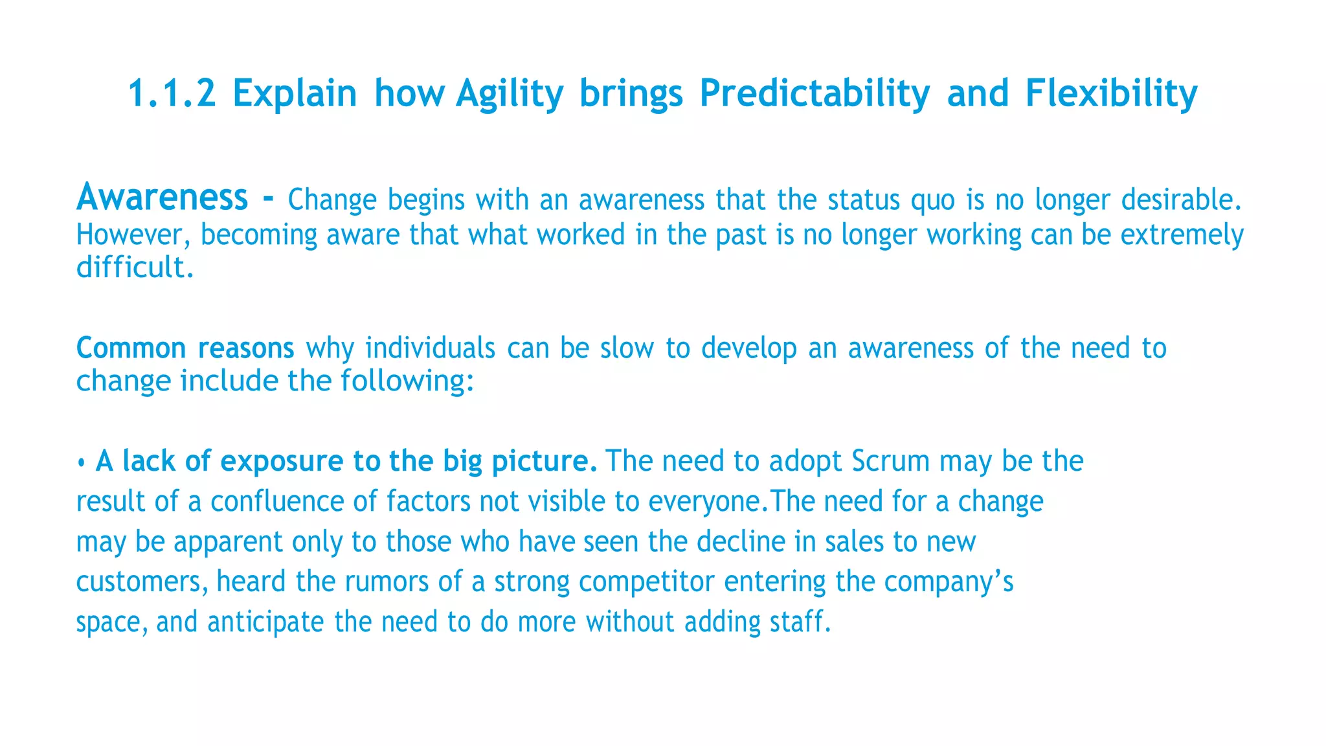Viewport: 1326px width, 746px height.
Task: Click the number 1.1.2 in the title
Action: coord(172,93)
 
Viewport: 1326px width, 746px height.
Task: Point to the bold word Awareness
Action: coord(162,197)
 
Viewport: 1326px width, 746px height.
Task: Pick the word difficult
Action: coord(135,267)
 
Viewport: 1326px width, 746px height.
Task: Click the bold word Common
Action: coord(131,348)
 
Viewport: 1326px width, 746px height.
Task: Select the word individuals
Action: coord(431,348)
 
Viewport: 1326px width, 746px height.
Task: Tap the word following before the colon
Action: coord(402,381)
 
